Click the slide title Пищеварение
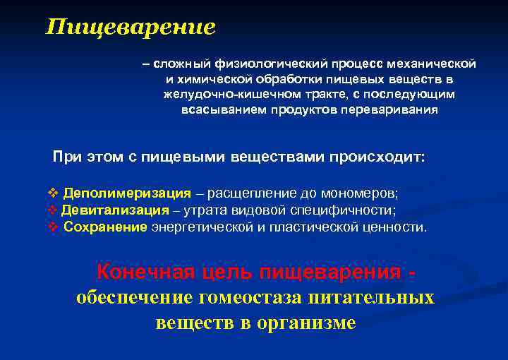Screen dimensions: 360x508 (131, 28)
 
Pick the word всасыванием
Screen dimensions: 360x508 (219, 110)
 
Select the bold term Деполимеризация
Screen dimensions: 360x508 (127, 193)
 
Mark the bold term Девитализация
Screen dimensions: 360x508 (115, 210)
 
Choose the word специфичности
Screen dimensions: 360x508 (349, 210)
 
